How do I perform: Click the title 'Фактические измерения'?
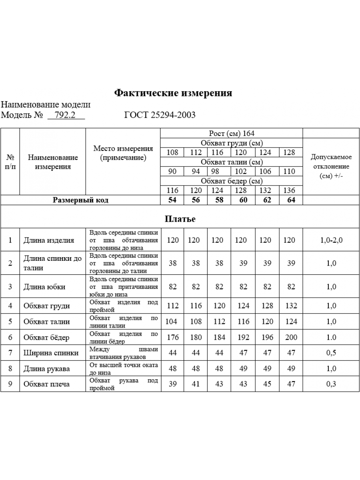[x=173, y=93]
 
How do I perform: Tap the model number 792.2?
[x=66, y=115]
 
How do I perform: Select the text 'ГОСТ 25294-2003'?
[x=160, y=115]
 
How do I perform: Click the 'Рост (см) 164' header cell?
[x=232, y=133]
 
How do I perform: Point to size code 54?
[x=172, y=200]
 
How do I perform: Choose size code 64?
[x=291, y=200]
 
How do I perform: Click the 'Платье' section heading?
[x=180, y=219]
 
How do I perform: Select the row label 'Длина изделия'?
[x=49, y=240]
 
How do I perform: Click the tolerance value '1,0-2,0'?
[x=332, y=240]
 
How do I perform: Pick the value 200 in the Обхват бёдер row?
[x=291, y=337]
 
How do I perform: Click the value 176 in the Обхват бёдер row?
[x=172, y=337]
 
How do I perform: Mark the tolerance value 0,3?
[x=332, y=384]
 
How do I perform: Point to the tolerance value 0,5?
[x=332, y=353]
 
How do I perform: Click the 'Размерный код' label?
[x=80, y=200]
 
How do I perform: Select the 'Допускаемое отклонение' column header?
[x=332, y=166]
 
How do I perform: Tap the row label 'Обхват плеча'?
[x=46, y=384]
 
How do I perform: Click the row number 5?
[x=10, y=322]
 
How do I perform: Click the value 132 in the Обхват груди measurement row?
[x=291, y=306]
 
